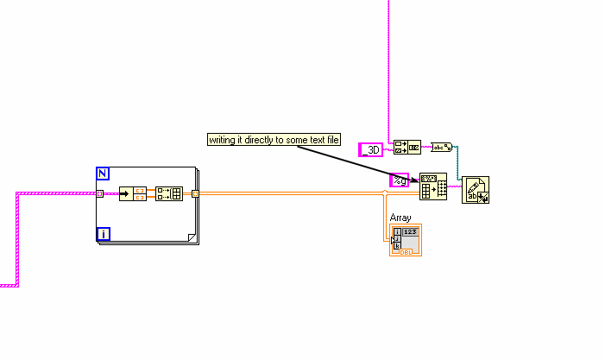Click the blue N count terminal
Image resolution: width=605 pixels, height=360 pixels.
(x=103, y=174)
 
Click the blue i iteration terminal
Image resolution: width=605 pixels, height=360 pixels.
(x=103, y=233)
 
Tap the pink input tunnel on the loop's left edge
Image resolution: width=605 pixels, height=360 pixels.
(x=100, y=193)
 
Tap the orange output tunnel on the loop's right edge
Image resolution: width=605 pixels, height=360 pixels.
(x=195, y=193)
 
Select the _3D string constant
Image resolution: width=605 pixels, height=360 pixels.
(x=370, y=149)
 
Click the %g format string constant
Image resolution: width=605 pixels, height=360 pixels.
(x=399, y=180)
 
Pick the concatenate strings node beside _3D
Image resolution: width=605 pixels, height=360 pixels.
(x=406, y=148)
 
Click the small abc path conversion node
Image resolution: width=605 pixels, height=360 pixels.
(x=441, y=148)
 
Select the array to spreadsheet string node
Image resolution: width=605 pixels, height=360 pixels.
(x=433, y=187)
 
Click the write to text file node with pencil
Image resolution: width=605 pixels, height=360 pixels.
(x=476, y=190)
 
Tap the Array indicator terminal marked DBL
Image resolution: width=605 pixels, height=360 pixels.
(x=406, y=241)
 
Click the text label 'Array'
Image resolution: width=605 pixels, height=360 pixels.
(x=400, y=218)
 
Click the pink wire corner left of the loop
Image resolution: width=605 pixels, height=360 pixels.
(x=16, y=194)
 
